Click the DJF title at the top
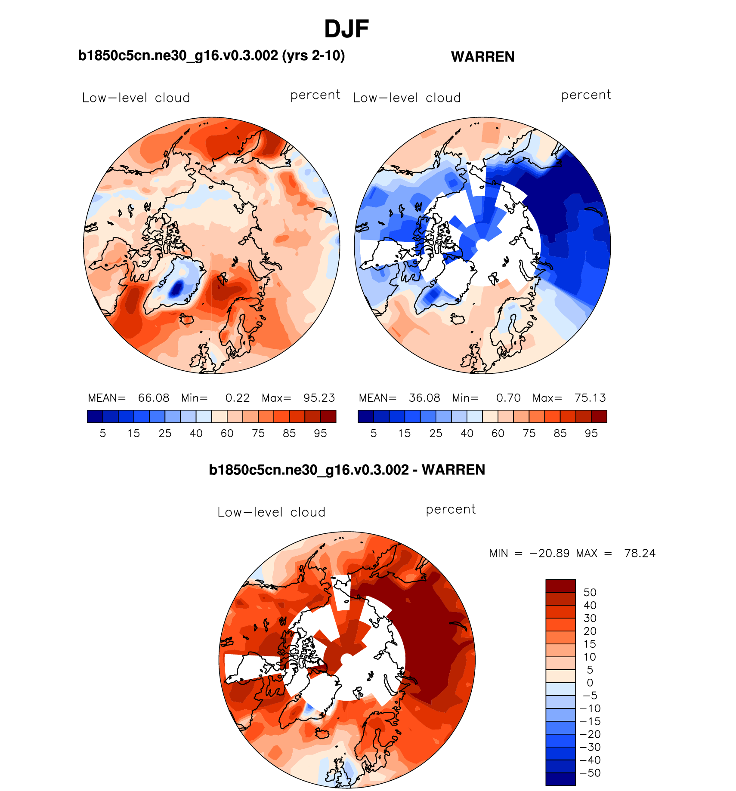pyautogui.click(x=346, y=29)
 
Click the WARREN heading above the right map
pyautogui.click(x=482, y=57)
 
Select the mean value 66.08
pyautogui.click(x=154, y=398)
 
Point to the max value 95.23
pyautogui.click(x=319, y=398)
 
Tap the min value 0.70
pyautogui.click(x=508, y=398)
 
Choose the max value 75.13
pyautogui.click(x=590, y=398)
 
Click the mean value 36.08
pyautogui.click(x=424, y=398)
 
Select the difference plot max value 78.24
pyautogui.click(x=640, y=553)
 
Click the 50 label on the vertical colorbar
pyautogui.click(x=590, y=592)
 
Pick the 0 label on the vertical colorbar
pyautogui.click(x=590, y=683)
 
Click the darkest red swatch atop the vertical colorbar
pyautogui.click(x=560, y=586)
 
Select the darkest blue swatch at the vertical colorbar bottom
pyautogui.click(x=560, y=779)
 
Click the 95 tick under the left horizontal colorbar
pyautogui.click(x=320, y=434)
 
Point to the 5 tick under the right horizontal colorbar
pyautogui.click(x=374, y=434)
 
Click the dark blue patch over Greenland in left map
pyautogui.click(x=176, y=287)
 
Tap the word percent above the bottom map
pyautogui.click(x=451, y=510)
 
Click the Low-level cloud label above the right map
pyautogui.click(x=407, y=98)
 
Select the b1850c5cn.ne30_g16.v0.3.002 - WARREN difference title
pyautogui.click(x=347, y=470)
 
